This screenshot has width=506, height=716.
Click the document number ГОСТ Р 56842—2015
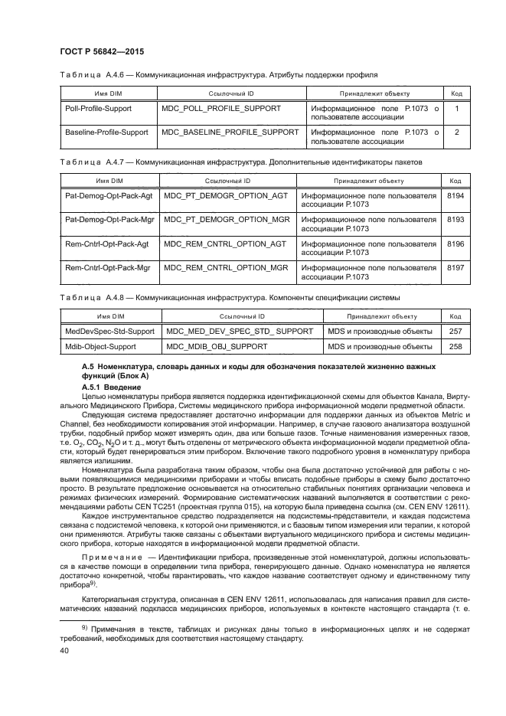103,51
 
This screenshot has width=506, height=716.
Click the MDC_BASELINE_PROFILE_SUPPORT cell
230,132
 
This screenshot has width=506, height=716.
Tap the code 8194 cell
455,196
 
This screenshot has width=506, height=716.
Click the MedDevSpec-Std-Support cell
109,331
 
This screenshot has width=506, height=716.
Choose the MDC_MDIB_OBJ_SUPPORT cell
214,347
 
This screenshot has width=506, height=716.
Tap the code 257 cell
455,331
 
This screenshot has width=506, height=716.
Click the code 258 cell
455,347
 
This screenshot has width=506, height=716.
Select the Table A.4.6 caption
218,76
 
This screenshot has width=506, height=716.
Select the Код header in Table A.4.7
455,181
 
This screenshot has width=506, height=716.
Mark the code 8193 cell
455,220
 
